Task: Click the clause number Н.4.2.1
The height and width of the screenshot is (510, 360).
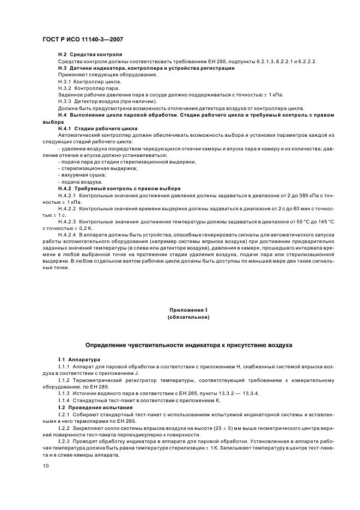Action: tap(68, 195)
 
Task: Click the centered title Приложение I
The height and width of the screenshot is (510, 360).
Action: tap(188, 309)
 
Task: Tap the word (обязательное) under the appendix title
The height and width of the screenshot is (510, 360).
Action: tap(188, 317)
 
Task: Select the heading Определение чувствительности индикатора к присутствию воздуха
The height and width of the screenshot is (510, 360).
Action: tap(188, 345)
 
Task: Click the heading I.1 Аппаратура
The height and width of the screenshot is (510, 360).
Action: tap(79, 360)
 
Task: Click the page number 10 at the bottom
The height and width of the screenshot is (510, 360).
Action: tap(45, 466)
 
